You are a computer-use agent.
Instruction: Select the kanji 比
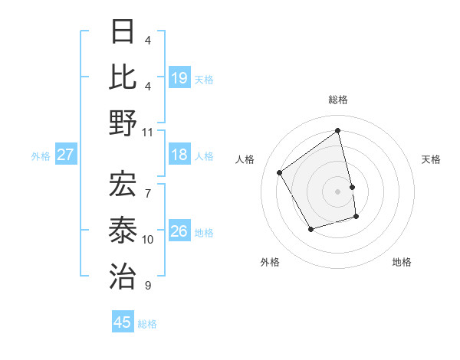(x=123, y=77)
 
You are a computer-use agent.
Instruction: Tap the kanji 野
(x=123, y=123)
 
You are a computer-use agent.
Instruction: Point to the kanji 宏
(x=123, y=185)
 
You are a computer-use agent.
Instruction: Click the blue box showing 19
(x=179, y=77)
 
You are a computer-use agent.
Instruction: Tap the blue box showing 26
(x=179, y=231)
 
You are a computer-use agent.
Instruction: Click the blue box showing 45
(x=123, y=322)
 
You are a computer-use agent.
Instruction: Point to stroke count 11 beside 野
(x=149, y=132)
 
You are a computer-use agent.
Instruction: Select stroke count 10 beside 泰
(x=148, y=239)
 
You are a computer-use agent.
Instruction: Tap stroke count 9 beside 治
(x=148, y=286)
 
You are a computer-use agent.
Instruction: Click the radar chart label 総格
(x=338, y=100)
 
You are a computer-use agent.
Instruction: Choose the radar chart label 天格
(x=431, y=159)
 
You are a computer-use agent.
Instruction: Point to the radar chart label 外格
(x=270, y=262)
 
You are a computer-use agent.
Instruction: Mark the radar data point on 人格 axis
(x=280, y=172)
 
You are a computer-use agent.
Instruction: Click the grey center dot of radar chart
(x=338, y=191)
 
